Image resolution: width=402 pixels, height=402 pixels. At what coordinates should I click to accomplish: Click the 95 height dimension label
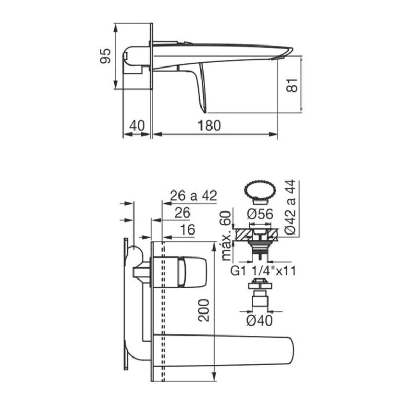click(x=106, y=55)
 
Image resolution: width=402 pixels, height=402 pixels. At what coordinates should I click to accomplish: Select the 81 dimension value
click(x=292, y=85)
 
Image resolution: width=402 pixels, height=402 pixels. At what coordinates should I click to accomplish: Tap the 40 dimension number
click(x=137, y=126)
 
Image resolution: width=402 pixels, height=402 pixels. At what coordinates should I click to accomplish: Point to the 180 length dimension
click(x=209, y=126)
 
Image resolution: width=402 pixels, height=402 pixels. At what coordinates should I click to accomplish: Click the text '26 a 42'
click(x=194, y=196)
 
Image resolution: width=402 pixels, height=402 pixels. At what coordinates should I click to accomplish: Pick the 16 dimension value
click(x=188, y=229)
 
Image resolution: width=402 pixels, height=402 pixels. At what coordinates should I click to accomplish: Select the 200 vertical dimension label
click(x=204, y=310)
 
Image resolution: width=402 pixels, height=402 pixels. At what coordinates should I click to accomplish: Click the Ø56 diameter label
click(x=260, y=214)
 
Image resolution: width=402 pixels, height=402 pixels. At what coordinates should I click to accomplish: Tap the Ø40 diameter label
click(x=260, y=320)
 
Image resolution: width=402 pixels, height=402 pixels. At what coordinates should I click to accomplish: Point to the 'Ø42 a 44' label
click(x=290, y=207)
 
